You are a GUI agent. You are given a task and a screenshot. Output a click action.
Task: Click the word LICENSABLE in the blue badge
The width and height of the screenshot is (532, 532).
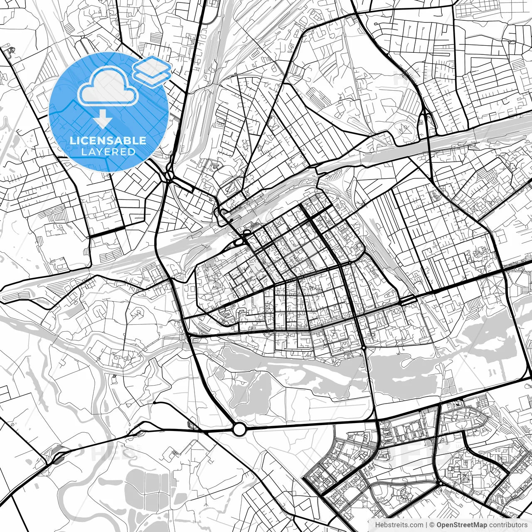coord(108,140)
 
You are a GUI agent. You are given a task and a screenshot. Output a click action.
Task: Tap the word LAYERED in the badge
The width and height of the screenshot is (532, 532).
coord(108,152)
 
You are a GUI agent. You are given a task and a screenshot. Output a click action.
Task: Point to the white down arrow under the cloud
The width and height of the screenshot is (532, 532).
coord(103,120)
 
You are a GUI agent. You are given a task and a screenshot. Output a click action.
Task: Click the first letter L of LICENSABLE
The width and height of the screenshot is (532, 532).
coord(72,140)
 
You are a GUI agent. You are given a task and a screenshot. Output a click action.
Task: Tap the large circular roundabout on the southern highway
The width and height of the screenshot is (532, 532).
coord(239,429)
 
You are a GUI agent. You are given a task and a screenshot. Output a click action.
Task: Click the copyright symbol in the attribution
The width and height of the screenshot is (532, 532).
coord(432,525)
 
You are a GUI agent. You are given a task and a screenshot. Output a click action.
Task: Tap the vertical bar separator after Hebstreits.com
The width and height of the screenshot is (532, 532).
coord(427,525)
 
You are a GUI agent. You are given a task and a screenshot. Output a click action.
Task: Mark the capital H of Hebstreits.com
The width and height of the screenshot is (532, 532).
coord(377,525)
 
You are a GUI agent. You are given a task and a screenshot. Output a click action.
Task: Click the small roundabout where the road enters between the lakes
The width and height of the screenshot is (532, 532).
coord(364,347)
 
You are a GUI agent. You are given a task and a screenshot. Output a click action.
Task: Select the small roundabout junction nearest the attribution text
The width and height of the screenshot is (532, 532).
coord(440,483)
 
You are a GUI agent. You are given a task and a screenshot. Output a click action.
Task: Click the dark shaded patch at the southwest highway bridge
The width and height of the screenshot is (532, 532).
coord(57,457)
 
